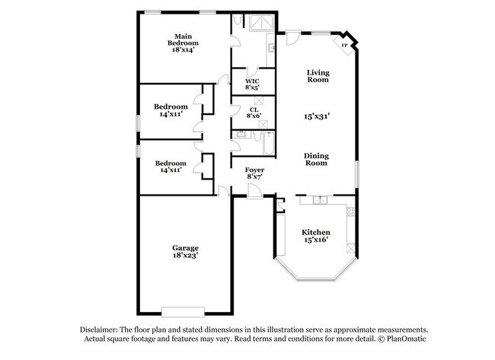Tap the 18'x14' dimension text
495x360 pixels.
coord(182,51)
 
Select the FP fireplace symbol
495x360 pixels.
coord(344,45)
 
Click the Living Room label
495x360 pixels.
coord(318,76)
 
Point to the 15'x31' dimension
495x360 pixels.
coord(317,116)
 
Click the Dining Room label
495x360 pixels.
coord(317,158)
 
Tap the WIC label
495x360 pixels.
coord(252,81)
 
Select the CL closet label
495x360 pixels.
coord(254,109)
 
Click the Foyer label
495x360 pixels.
coord(254,169)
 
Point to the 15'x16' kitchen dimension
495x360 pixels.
coord(315,241)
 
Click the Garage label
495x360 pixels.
coord(185,248)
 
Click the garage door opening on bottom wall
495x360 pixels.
coord(183,312)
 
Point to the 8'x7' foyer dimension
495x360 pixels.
coord(254,177)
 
